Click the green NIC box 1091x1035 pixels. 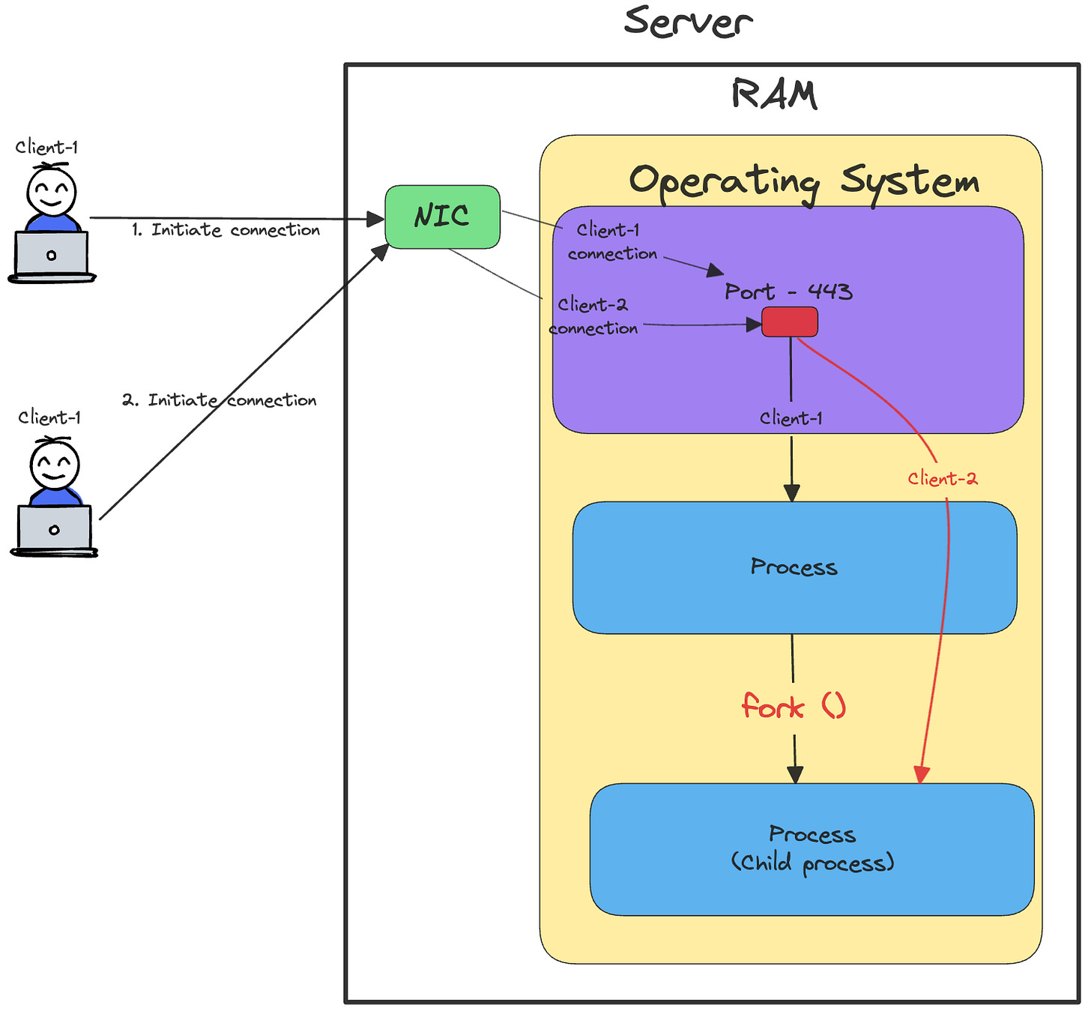coord(442,217)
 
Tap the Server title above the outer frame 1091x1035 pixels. coord(687,22)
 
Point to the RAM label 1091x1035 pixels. coord(773,93)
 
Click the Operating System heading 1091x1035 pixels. coord(803,182)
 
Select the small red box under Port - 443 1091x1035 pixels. coord(789,322)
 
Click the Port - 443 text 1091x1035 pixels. coord(788,291)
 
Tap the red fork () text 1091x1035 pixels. coord(793,705)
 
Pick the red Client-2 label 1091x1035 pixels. coord(942,478)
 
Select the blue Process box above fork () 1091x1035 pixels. coord(794,567)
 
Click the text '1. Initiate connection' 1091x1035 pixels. coord(226,230)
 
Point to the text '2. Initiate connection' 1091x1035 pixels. coord(220,399)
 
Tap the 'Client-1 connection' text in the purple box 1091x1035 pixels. coord(611,241)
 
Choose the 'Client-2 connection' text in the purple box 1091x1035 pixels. coord(593,316)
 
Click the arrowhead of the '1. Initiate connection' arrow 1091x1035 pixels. coord(375,220)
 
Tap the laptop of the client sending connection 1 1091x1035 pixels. coord(52,256)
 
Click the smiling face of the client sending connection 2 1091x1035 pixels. coord(55,465)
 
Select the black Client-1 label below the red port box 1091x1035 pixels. coord(791,418)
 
